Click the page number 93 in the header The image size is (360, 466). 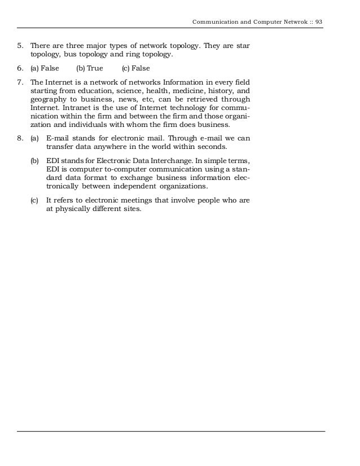[x=319, y=22]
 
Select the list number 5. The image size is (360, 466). [x=20, y=45]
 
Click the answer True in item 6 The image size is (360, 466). [x=94, y=69]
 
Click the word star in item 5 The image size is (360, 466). [x=243, y=45]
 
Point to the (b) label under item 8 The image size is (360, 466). [x=35, y=161]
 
